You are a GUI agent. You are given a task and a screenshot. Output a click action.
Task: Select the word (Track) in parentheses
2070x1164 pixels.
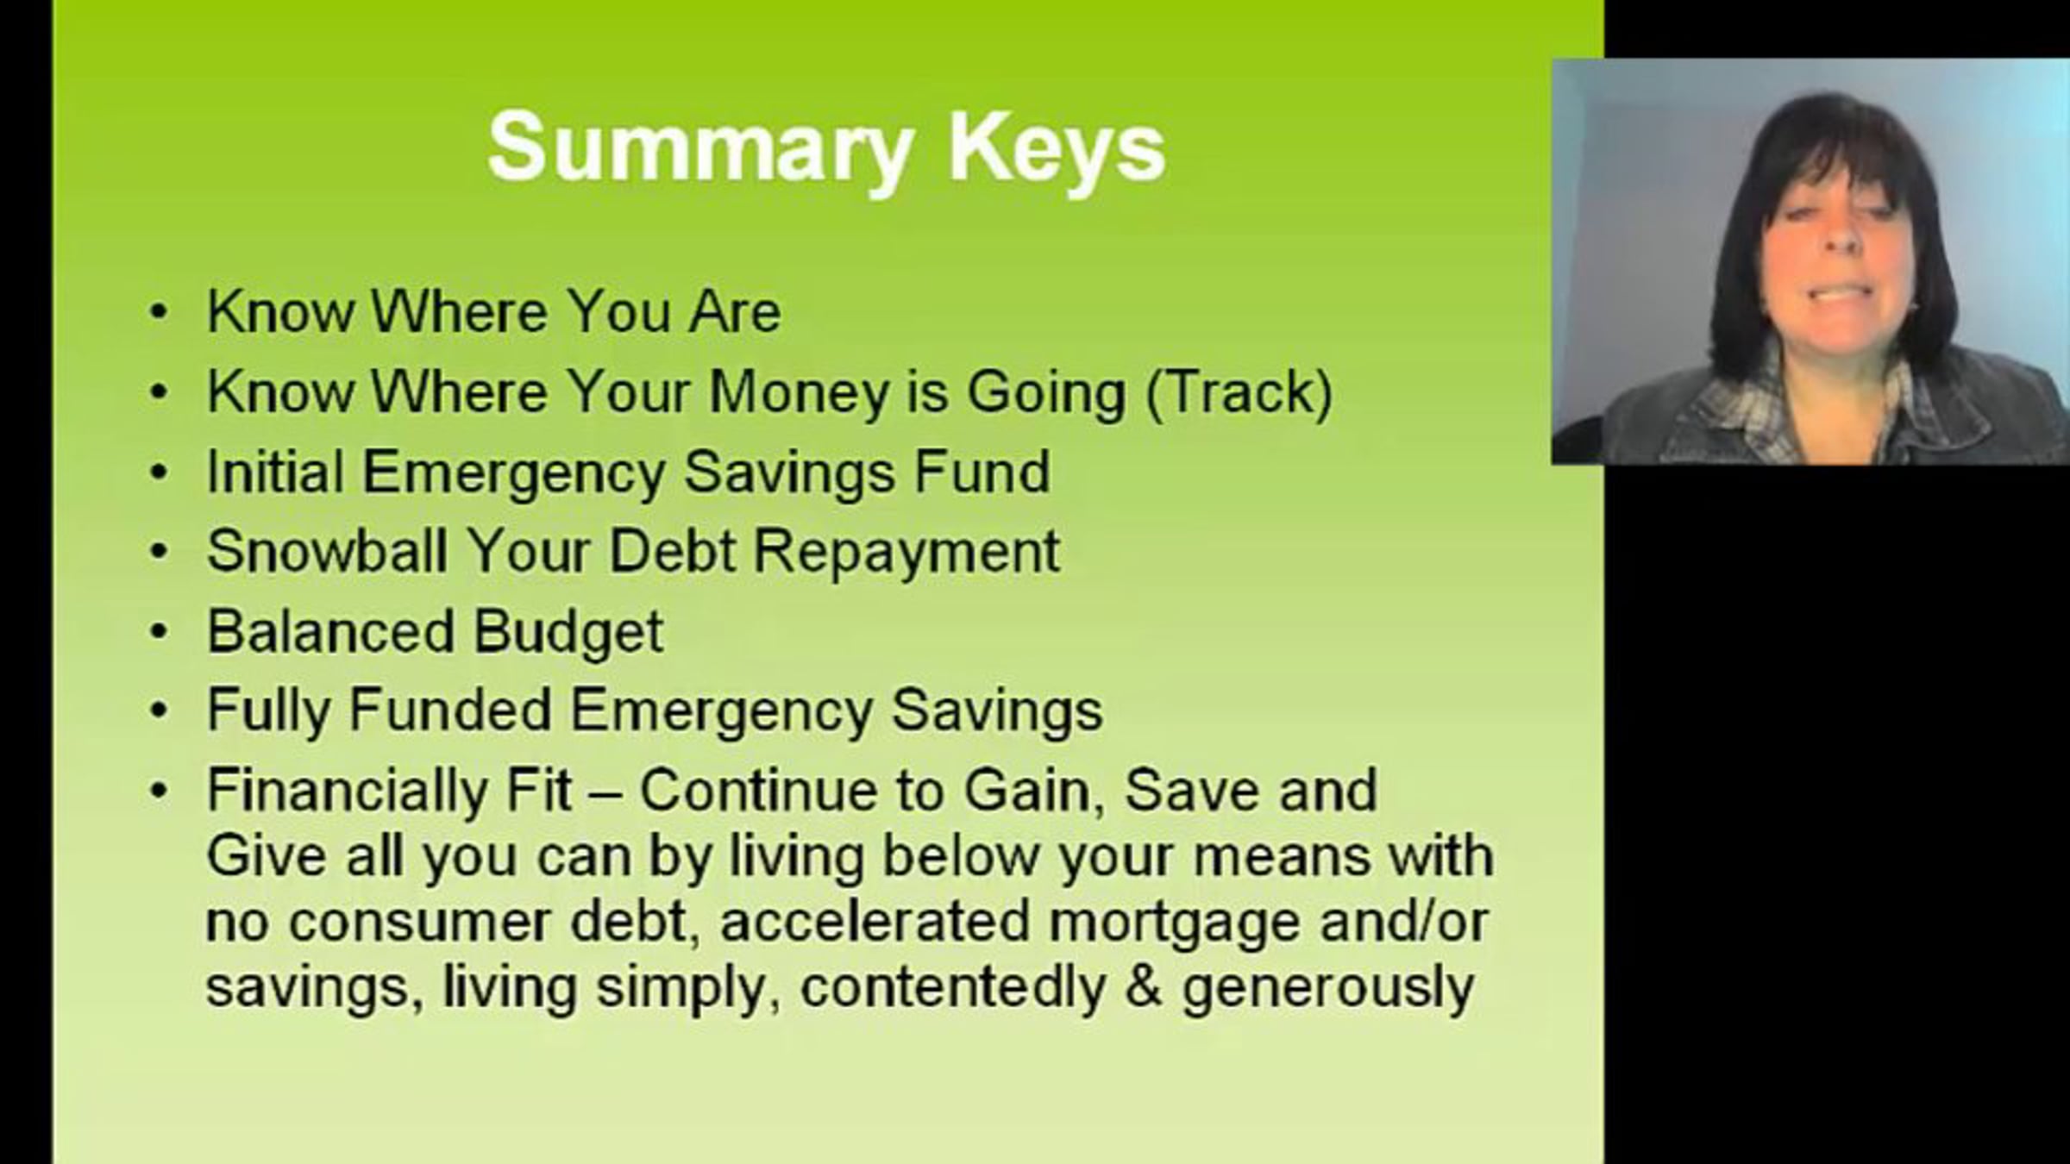tap(1239, 393)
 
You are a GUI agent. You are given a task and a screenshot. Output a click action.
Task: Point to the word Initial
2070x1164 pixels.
tap(275, 472)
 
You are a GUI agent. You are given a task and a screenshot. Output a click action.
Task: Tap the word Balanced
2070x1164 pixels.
tap(329, 630)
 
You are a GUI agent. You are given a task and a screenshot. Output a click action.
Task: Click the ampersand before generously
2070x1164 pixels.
tap(1144, 986)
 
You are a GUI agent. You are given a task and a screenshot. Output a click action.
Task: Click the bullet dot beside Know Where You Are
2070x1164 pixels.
tap(159, 312)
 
